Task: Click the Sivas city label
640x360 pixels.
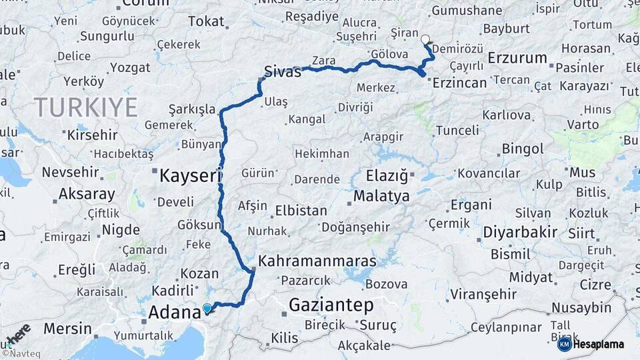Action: (283, 71)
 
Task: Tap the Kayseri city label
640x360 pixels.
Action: (190, 176)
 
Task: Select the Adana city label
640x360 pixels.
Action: (174, 312)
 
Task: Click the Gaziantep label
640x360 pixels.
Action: (331, 305)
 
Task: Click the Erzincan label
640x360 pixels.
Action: (460, 83)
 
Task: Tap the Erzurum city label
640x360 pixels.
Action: (517, 58)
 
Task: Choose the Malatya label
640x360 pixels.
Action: (381, 197)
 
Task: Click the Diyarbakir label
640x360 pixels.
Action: (520, 232)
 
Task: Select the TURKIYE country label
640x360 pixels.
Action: (86, 107)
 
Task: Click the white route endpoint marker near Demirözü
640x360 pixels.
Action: (425, 39)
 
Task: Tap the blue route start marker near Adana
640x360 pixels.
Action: (207, 309)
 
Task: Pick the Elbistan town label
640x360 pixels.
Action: (301, 211)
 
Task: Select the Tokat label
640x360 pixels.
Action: (206, 21)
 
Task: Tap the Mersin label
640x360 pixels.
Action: (68, 329)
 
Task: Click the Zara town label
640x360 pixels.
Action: (324, 61)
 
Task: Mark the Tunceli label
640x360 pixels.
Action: (457, 131)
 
